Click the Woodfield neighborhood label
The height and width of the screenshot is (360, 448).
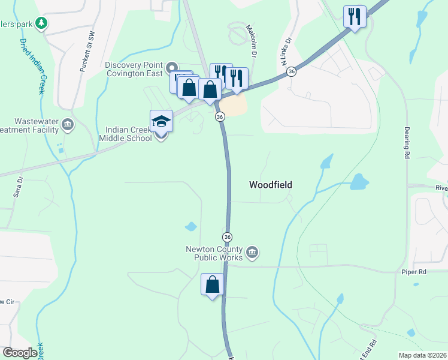pyautogui.click(x=271, y=185)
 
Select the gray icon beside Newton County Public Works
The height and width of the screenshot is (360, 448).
pyautogui.click(x=252, y=253)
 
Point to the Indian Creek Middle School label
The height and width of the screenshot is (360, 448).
pyautogui.click(x=128, y=134)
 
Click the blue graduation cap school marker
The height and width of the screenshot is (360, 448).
pyautogui.click(x=161, y=122)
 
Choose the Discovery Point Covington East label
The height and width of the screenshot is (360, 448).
pyautogui.click(x=134, y=70)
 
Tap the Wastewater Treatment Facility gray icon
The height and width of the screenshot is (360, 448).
pyautogui.click(x=68, y=125)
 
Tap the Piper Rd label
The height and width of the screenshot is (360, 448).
pyautogui.click(x=413, y=272)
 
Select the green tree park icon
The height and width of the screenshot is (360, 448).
pyautogui.click(x=41, y=23)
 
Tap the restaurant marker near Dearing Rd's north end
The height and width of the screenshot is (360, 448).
pyautogui.click(x=355, y=17)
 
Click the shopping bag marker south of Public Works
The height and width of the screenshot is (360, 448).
pyautogui.click(x=213, y=284)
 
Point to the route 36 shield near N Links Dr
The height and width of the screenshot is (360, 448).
pyautogui.click(x=291, y=71)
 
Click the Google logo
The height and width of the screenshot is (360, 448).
pyautogui.click(x=20, y=353)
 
